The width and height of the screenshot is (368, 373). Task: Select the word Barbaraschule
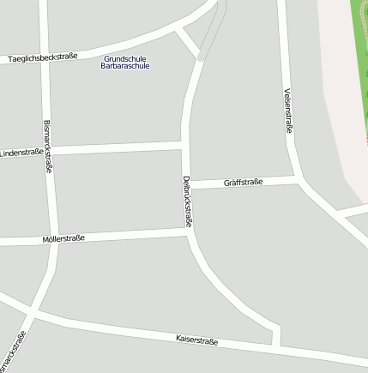pos(125,66)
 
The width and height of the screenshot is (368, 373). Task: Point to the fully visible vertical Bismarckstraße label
pos(47,146)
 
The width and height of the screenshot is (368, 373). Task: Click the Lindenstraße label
pos(21,153)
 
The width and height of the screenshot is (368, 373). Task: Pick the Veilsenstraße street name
pos(288,110)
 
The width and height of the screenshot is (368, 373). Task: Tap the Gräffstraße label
pos(243,182)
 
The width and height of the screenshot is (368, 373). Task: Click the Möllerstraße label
pos(63,238)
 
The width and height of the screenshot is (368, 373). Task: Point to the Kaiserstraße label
pos(196,340)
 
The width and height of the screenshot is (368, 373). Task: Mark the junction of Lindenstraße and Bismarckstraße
pos(49,151)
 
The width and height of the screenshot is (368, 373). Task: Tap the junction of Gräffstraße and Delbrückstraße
pos(188,185)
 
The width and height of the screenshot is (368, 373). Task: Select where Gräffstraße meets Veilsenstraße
pos(298,179)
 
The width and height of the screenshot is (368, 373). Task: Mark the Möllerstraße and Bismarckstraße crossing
pos(54,240)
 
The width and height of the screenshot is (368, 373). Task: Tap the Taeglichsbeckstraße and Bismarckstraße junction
pos(44,51)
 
